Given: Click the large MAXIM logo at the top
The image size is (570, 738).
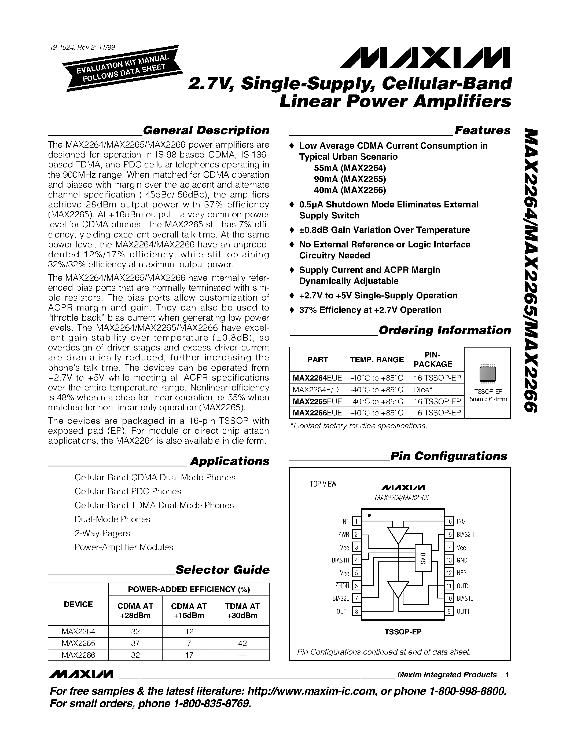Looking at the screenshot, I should coord(425,57).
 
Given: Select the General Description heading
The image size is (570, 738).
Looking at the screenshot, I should coord(206,130).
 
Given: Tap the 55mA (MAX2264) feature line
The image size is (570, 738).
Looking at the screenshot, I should coord(350,168).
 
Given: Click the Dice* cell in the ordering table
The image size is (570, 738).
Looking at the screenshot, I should coord(423,390).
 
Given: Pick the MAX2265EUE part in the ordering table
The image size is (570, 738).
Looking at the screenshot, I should coord(317,401).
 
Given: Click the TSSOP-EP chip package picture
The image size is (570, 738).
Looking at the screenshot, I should coord(488,374).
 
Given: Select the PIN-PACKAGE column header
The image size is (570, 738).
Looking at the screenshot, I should coord(433,360).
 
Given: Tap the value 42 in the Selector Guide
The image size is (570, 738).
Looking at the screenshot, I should coord(242,643).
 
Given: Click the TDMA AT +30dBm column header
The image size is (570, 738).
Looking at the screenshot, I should coord(242,611).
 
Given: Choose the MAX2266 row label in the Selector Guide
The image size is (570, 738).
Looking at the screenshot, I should coord(78,655).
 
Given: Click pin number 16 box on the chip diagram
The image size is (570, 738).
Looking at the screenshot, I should coord(449,521).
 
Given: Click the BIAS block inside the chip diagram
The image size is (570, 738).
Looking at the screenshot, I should coord(423,558).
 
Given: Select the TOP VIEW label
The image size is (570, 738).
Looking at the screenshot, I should coord(323,484).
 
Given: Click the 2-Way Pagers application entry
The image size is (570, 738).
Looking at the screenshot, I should coord(102,533).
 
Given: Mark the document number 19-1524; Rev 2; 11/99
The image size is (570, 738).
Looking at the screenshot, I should coord(82,47).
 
